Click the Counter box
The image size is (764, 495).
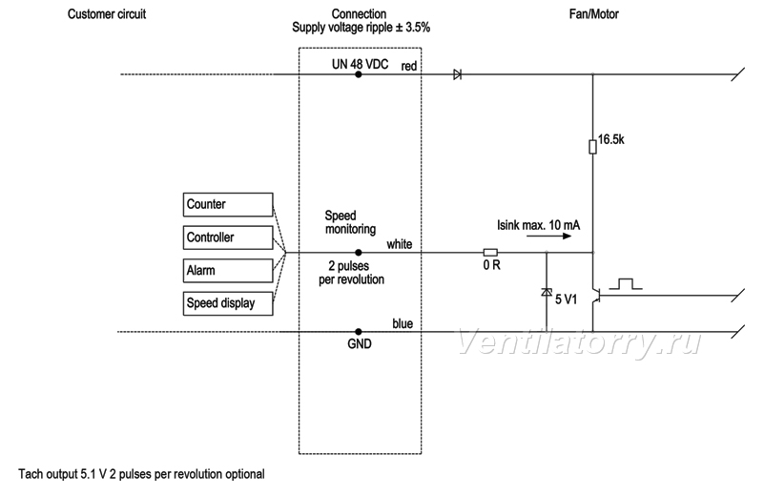[228, 205]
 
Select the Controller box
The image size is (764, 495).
[228, 237]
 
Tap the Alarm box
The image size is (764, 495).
[228, 271]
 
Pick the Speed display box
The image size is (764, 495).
[228, 303]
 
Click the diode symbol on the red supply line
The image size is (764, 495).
[458, 74]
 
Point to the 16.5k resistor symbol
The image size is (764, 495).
[592, 147]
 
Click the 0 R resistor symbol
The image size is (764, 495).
[490, 253]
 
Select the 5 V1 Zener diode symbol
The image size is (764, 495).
[547, 292]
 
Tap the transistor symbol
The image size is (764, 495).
[595, 295]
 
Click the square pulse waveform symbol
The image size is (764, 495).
[626, 284]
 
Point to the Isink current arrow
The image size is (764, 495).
[548, 237]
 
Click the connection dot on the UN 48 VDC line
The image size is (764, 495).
[358, 74]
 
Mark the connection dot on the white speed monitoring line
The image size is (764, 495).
[358, 253]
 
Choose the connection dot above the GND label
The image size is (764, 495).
[358, 332]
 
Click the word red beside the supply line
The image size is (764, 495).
[409, 66]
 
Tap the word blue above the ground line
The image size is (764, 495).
[403, 323]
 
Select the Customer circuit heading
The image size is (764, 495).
[107, 14]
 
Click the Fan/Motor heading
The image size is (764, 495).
[594, 14]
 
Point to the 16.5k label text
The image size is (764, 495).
[611, 140]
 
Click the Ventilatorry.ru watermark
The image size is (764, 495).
[578, 342]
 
